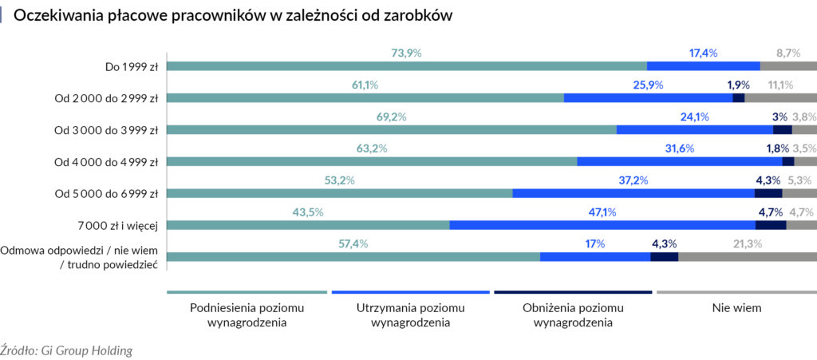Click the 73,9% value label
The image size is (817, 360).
406,53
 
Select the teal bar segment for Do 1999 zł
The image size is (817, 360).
406,66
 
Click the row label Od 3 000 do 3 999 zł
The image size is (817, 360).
106,130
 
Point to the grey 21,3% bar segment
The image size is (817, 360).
747,257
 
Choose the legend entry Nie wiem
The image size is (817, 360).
736,307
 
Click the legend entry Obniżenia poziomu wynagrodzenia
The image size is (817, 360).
573,315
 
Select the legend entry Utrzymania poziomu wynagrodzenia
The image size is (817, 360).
410,315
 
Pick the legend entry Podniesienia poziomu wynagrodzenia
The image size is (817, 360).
247,315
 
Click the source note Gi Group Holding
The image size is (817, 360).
66,350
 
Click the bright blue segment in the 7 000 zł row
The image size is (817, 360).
602,225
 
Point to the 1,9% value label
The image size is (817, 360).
738,85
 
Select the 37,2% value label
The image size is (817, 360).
633,180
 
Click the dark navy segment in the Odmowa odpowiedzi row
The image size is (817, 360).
664,257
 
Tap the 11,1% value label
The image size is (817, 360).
780,85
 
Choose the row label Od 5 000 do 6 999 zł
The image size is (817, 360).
106,194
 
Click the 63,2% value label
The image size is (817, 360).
371,148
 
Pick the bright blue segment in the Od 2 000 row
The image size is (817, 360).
648,98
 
